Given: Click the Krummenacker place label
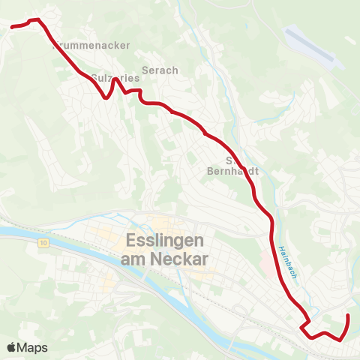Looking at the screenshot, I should tap(92, 45).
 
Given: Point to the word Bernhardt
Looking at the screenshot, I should tap(232, 170).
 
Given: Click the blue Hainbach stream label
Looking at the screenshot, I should tap(284, 263).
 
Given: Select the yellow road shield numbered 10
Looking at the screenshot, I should tap(44, 243).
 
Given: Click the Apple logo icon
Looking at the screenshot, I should tap(12, 347).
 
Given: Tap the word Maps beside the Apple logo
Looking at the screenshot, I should tap(33, 347).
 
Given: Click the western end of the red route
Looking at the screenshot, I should tap(12, 27).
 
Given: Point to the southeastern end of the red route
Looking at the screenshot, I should tap(348, 316).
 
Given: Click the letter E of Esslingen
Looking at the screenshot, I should tap(124, 241).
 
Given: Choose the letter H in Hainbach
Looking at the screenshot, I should tap(277, 249).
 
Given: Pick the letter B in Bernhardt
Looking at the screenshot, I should tap(211, 170).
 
